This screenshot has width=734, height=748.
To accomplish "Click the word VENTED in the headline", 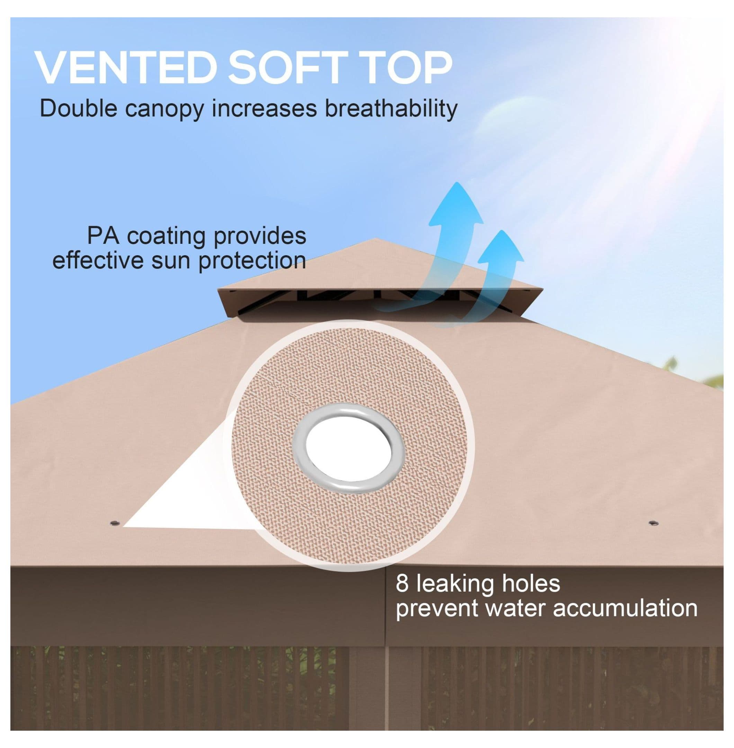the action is point(124,69).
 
